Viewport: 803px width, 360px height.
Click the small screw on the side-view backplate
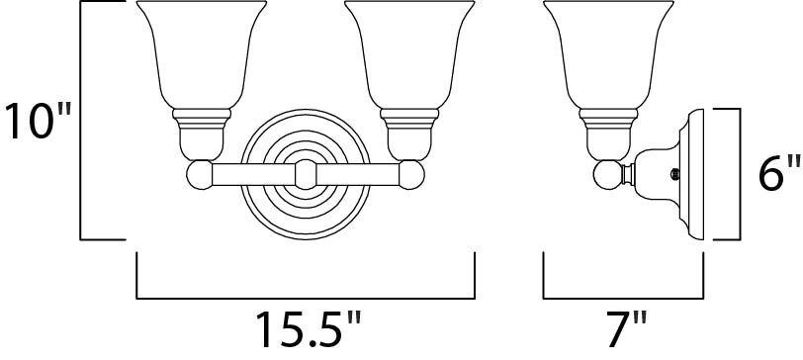coord(674,173)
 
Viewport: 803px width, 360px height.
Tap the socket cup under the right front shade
coord(405,137)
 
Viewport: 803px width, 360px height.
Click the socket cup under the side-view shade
coord(607,137)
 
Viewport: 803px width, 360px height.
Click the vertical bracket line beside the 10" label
coord(81,121)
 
